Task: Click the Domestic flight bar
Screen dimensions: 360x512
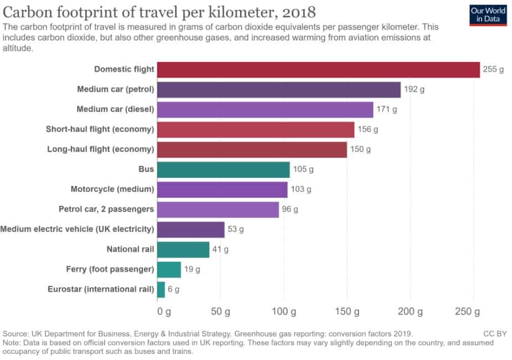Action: [x=318, y=70]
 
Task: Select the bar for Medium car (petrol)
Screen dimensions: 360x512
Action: [x=279, y=90]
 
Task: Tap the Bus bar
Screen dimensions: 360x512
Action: [x=223, y=169]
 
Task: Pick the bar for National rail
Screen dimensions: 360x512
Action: [x=183, y=249]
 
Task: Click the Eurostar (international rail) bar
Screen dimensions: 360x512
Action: [x=161, y=289]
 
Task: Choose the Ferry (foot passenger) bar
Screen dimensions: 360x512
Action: [x=169, y=269]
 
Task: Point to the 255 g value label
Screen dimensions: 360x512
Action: [x=493, y=70]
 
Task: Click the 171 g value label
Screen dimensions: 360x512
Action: [x=387, y=110]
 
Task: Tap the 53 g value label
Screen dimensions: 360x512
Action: [x=235, y=229]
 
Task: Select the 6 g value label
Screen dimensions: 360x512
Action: [x=173, y=289]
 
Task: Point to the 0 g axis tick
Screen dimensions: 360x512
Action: [x=164, y=312]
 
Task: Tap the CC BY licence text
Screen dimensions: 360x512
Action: [x=495, y=334]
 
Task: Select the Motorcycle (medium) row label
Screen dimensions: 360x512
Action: [x=112, y=189]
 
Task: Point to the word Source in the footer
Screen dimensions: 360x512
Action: [x=16, y=334]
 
